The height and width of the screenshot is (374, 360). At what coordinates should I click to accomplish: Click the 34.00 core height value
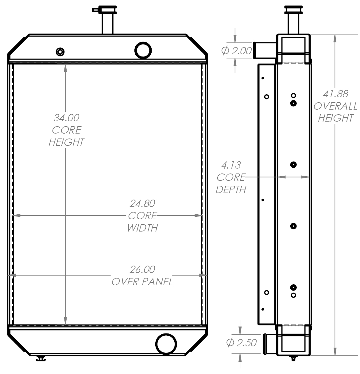point(66,118)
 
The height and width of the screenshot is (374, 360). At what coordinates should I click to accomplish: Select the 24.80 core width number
point(142,203)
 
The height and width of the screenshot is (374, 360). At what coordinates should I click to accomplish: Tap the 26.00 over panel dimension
point(142,269)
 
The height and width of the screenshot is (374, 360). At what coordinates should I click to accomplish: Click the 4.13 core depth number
point(231,165)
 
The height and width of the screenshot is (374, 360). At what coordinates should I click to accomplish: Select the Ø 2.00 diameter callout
point(237,51)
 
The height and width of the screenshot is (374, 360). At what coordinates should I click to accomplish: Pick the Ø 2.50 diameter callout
point(241,342)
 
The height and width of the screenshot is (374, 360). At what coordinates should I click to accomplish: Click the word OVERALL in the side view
point(335,106)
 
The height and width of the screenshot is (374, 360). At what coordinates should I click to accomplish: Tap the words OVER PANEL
point(142,282)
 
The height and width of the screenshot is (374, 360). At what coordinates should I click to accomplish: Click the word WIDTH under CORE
point(142,228)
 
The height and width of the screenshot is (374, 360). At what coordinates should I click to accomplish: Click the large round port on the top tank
point(143,50)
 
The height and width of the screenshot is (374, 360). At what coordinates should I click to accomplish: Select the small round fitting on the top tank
point(60,52)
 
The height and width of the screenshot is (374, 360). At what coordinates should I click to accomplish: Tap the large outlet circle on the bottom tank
point(166,344)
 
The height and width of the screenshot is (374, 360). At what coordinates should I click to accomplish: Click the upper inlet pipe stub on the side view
point(260,50)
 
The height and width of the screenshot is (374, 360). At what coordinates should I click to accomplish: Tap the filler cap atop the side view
point(293,9)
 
